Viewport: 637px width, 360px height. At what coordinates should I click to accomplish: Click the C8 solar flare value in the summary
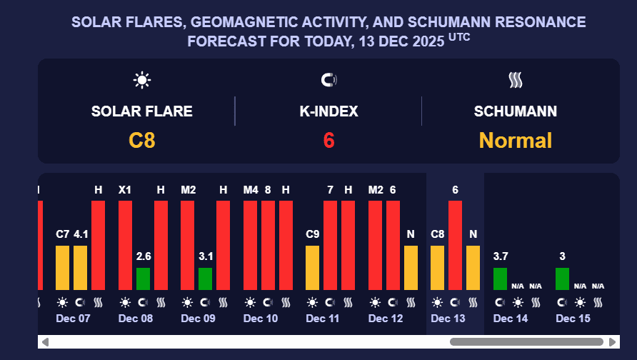(x=142, y=140)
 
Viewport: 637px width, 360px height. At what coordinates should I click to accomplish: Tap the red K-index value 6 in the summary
(x=328, y=140)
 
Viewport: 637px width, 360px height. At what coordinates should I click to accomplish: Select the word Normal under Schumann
(x=515, y=140)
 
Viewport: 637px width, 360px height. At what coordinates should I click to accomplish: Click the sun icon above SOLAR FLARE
(x=142, y=80)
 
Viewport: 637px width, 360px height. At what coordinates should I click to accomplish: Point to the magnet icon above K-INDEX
(x=329, y=80)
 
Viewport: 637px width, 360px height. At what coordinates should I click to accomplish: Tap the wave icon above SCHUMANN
(x=516, y=80)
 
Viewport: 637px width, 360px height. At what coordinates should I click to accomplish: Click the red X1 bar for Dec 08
(x=125, y=245)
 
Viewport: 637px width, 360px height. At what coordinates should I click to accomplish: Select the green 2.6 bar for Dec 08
(x=143, y=279)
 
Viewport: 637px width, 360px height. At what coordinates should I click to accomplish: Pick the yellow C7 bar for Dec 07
(x=63, y=268)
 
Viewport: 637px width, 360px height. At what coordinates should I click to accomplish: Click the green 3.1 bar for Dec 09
(x=205, y=279)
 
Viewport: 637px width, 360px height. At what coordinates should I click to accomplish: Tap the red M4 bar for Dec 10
(x=251, y=245)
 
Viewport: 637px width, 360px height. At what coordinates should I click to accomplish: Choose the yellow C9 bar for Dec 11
(x=313, y=268)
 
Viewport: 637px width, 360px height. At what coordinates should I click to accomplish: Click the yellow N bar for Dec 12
(x=411, y=268)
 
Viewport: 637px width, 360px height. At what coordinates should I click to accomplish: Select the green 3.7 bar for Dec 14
(x=501, y=279)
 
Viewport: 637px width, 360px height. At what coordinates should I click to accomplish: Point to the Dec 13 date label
(x=448, y=319)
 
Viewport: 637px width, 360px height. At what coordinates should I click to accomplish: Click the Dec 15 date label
(x=573, y=319)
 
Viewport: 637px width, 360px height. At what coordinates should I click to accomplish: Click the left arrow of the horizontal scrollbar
(x=45, y=342)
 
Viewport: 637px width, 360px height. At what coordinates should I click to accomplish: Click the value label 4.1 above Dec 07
(x=81, y=234)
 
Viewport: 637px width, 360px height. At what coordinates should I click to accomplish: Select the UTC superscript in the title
(x=460, y=37)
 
